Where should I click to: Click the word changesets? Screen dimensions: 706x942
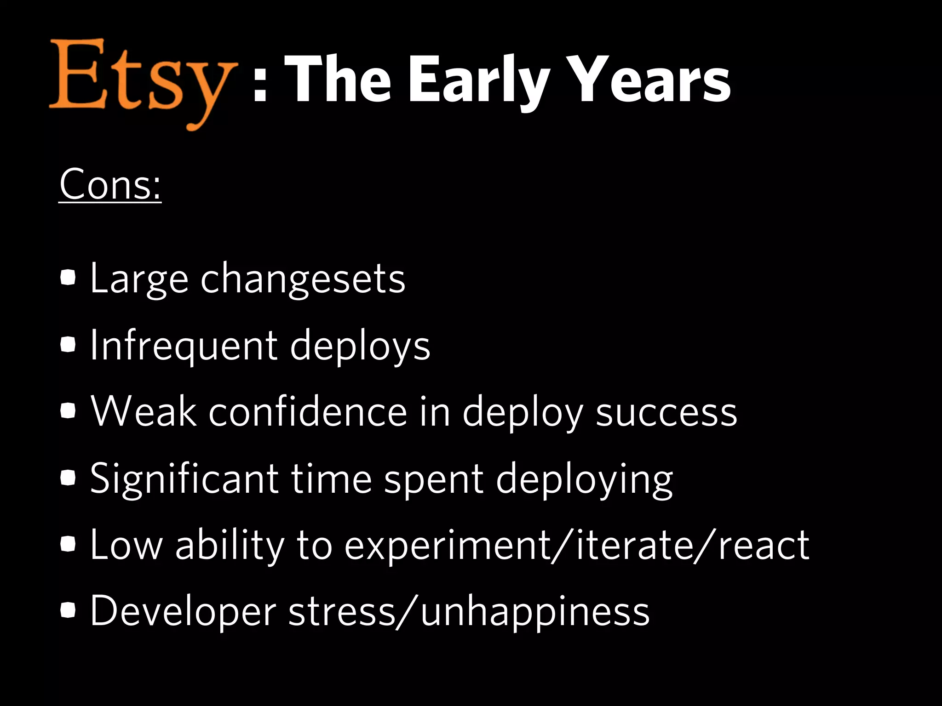coord(303,279)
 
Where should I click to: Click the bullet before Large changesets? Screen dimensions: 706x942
coord(68,278)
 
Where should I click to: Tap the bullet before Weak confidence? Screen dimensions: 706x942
coord(68,411)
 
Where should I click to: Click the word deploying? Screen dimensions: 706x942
coord(584,479)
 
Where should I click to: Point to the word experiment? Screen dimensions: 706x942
coord(448,546)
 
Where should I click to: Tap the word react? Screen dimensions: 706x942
coord(764,546)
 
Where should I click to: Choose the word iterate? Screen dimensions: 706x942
coord(633,546)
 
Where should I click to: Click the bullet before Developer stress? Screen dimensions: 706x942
coord(68,610)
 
